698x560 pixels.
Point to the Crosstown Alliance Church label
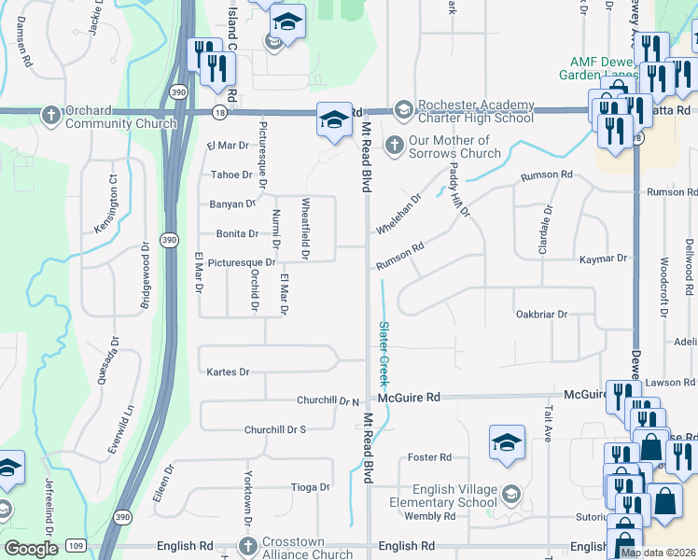307,548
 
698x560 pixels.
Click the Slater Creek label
383,355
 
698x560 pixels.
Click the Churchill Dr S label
275,429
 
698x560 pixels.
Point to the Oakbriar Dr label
541,315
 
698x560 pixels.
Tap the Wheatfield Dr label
305,228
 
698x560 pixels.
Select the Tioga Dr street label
311,487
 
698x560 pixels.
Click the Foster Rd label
430,457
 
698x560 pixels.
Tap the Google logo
31,549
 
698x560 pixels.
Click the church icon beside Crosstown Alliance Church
247,546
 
